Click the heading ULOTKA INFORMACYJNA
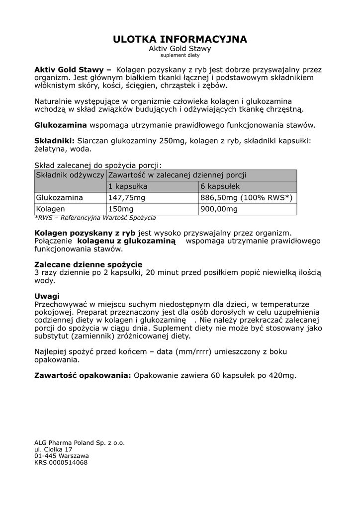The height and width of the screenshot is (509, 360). (x=180, y=39)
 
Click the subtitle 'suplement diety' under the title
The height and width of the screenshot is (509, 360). (x=180, y=55)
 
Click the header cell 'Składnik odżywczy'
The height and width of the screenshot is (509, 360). (x=70, y=175)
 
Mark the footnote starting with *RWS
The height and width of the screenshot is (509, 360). (x=95, y=218)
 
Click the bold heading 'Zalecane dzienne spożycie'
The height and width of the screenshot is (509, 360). (x=89, y=264)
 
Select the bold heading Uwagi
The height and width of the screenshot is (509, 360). (x=47, y=296)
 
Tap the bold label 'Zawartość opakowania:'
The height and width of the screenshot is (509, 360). (x=83, y=375)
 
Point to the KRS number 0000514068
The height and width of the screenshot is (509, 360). (x=61, y=462)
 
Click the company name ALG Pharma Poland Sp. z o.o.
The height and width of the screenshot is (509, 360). (x=80, y=442)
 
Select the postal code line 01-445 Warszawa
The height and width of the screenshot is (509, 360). (x=62, y=455)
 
